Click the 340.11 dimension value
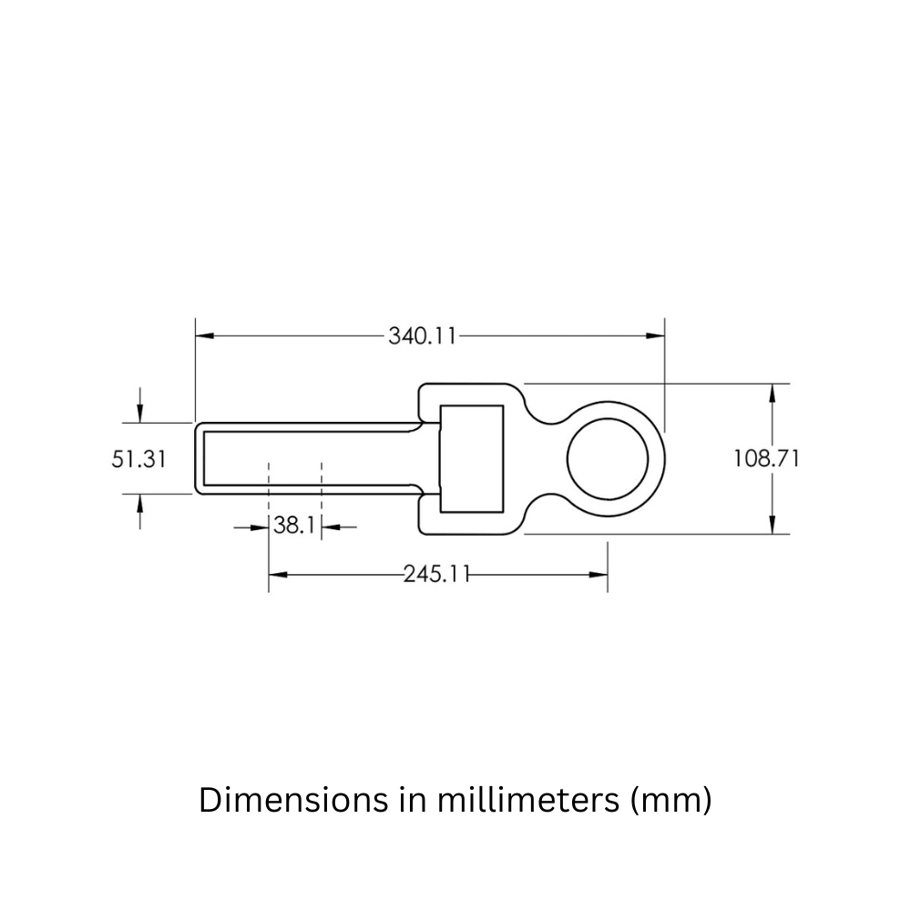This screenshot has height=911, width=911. tap(422, 336)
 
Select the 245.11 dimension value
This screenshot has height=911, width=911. tap(436, 574)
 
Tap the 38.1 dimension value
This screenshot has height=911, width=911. tap(294, 527)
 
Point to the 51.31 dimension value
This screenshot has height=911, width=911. tap(139, 459)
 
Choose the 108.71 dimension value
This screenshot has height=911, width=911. tap(766, 459)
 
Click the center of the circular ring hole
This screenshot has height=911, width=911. tap(609, 458)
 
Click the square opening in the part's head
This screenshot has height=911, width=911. tap(471, 457)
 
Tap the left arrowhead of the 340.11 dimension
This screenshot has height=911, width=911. tap(205, 336)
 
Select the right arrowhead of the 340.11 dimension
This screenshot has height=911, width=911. tap(656, 336)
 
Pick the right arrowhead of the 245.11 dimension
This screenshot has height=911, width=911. tap(599, 574)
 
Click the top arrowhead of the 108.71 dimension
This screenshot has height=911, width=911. tap(773, 393)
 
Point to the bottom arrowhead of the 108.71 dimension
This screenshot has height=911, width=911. tap(773, 525)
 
